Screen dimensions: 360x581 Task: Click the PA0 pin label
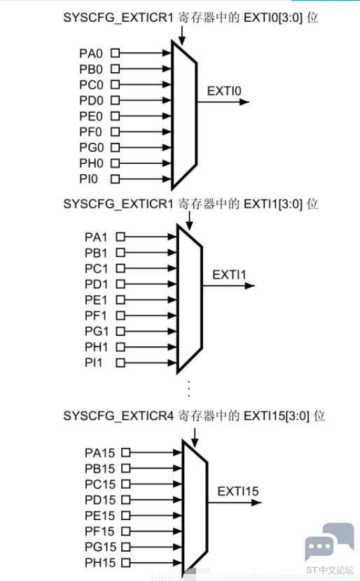pos(91,53)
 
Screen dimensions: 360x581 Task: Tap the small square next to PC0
pos(116,85)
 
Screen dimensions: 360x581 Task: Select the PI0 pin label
pos(89,179)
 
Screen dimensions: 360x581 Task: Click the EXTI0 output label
pos(224,91)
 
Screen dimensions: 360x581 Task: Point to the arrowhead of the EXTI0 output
pos(244,102)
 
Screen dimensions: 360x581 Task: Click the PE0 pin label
pos(91,116)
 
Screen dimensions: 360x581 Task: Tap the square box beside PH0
pos(116,163)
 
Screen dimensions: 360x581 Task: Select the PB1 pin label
pos(96,253)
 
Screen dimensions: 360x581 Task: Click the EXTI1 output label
pos(229,275)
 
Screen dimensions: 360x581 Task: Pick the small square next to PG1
pos(120,331)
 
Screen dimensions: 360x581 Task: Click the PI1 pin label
pos(93,363)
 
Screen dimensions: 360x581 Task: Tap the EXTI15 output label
pos(238,491)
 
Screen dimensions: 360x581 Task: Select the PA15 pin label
pos(100,453)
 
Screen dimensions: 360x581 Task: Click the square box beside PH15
pos(126,563)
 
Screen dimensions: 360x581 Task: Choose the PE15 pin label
pos(100,516)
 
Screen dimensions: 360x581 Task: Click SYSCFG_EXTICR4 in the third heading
pos(118,416)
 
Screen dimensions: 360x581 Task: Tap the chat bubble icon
pos(329,542)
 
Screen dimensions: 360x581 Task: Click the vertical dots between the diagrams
pos(189,388)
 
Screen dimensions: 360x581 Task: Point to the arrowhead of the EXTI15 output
pos(256,503)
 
